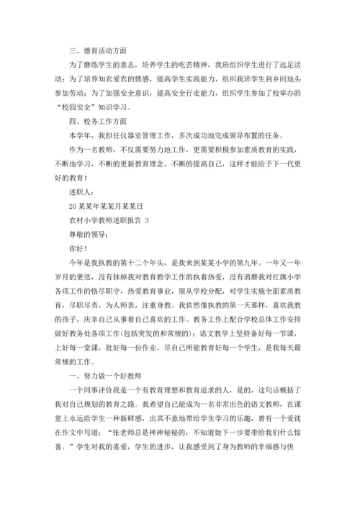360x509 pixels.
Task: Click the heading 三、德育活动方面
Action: pyautogui.click(x=97, y=50)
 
